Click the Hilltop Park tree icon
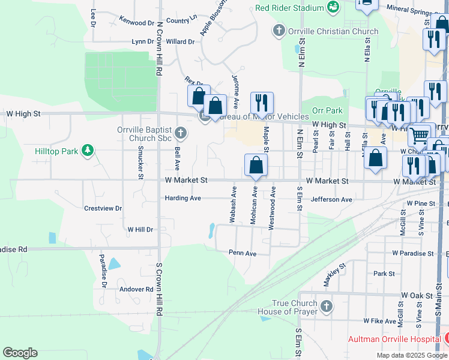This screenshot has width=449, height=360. (88, 149)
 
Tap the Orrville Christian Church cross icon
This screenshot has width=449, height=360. (279, 31)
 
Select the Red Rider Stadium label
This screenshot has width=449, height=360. (289, 8)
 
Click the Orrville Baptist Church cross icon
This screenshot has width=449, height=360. (181, 132)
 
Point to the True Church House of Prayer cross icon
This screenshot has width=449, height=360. (326, 307)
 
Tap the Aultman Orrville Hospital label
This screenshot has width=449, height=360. (394, 339)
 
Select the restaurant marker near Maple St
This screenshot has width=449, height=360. (262, 103)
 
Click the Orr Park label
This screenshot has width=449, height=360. (327, 110)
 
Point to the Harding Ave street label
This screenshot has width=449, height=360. (183, 198)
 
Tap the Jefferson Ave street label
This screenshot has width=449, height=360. (331, 199)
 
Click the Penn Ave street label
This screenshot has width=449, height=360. (243, 253)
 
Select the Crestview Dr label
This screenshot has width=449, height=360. (103, 208)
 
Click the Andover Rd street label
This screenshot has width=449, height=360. (137, 289)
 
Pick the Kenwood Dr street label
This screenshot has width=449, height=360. (137, 22)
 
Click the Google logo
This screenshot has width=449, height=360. (20, 353)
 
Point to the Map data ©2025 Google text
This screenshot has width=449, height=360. (411, 355)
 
